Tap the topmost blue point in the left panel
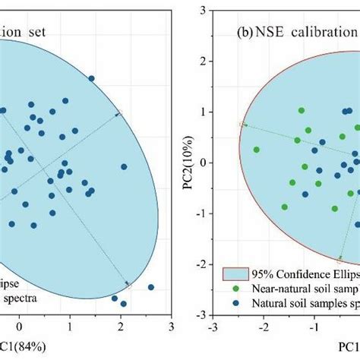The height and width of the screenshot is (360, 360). pos(92,78)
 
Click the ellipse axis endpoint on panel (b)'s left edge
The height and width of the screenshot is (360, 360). pos(242,124)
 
